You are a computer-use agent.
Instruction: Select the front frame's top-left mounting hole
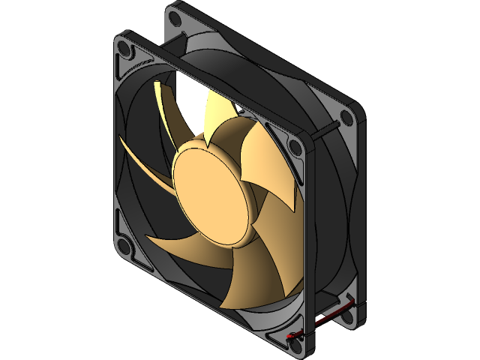pos(127,50)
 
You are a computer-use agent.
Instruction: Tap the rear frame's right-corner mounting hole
pos(346,118)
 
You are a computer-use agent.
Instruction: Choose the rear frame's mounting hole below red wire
pos(346,318)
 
